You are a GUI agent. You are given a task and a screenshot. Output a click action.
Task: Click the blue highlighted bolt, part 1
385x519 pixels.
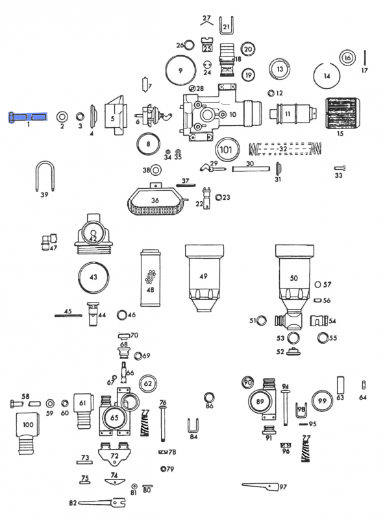[x=28, y=117]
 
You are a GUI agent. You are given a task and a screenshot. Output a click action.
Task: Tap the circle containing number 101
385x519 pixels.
[x=226, y=149]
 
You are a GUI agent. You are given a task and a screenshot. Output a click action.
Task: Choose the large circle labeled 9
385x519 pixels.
[x=181, y=69]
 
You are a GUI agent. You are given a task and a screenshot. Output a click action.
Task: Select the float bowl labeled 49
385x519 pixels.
[x=203, y=278]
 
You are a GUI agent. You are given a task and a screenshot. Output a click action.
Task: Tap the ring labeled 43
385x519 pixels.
[x=93, y=277]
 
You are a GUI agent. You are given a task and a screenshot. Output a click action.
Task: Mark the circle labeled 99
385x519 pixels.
[x=322, y=402]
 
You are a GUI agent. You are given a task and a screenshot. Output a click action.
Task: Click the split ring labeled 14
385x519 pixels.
[x=327, y=76]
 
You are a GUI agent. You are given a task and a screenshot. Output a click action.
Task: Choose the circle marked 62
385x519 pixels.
[x=147, y=384]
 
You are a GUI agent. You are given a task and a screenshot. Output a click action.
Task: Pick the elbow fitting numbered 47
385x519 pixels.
[x=46, y=243]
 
